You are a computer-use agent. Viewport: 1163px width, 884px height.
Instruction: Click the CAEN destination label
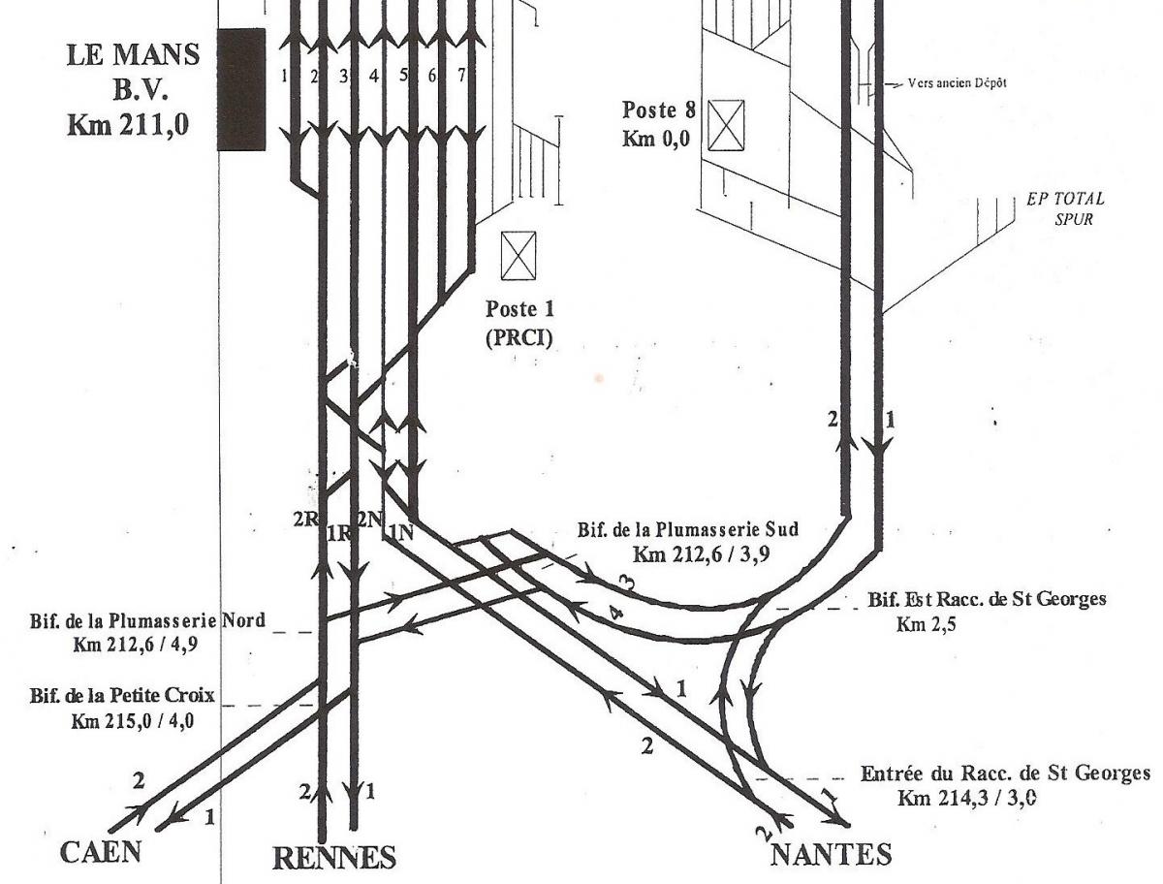click(101, 852)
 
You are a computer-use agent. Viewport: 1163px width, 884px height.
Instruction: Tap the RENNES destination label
click(333, 858)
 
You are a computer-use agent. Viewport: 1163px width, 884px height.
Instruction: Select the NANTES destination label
click(831, 855)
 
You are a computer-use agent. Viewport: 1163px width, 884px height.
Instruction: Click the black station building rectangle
click(241, 89)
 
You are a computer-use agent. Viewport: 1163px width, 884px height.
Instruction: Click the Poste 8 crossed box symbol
click(726, 124)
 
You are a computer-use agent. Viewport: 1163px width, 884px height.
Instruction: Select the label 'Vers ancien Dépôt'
click(958, 83)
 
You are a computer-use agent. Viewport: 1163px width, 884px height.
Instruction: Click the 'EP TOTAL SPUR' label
click(1065, 207)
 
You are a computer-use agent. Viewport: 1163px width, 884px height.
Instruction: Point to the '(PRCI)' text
click(519, 340)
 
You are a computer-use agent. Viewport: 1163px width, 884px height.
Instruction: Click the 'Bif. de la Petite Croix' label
click(119, 697)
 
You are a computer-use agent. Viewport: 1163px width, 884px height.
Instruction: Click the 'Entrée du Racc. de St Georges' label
click(1005, 773)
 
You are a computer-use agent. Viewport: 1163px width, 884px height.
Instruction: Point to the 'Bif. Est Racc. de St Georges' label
click(987, 599)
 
